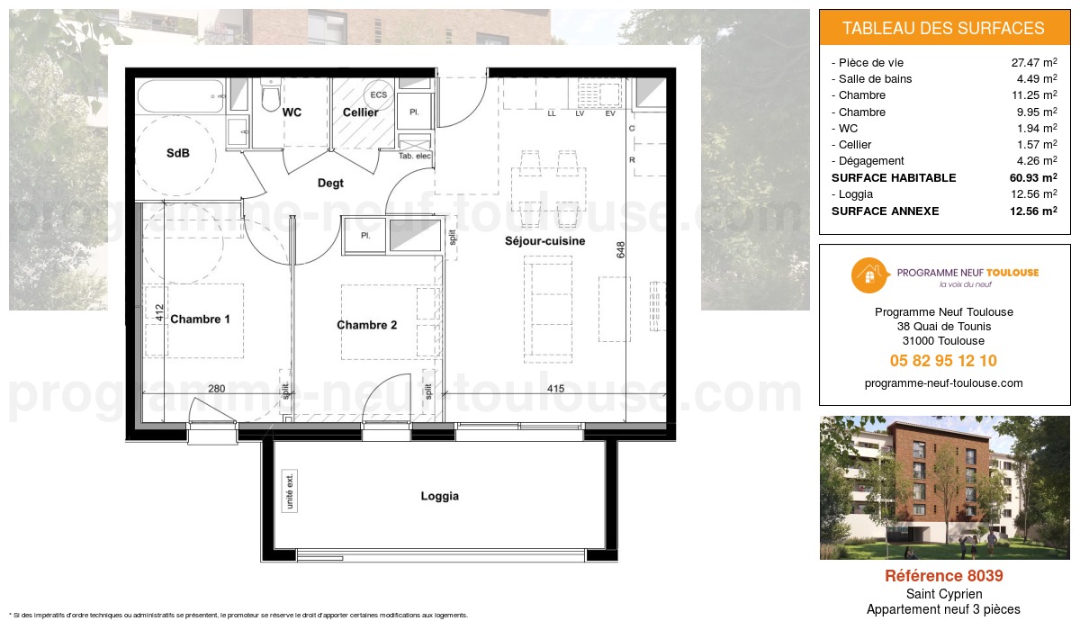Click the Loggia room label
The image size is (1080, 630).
click(x=439, y=496)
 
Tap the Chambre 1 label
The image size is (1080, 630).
click(x=200, y=319)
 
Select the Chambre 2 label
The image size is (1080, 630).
click(x=366, y=325)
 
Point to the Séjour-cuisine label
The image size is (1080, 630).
click(x=544, y=241)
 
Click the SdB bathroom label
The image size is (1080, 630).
click(x=178, y=153)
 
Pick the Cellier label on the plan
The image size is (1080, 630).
click(x=359, y=112)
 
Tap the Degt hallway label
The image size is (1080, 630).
click(x=330, y=183)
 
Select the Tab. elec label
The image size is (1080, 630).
click(x=414, y=156)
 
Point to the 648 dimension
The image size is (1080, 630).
click(x=621, y=249)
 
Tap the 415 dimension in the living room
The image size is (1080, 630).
click(x=555, y=389)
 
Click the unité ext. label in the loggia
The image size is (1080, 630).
click(x=290, y=491)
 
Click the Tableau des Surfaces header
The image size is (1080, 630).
click(x=943, y=28)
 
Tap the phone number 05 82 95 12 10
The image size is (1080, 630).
click(x=943, y=361)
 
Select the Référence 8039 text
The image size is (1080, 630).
click(x=943, y=576)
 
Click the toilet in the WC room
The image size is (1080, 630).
click(x=269, y=97)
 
